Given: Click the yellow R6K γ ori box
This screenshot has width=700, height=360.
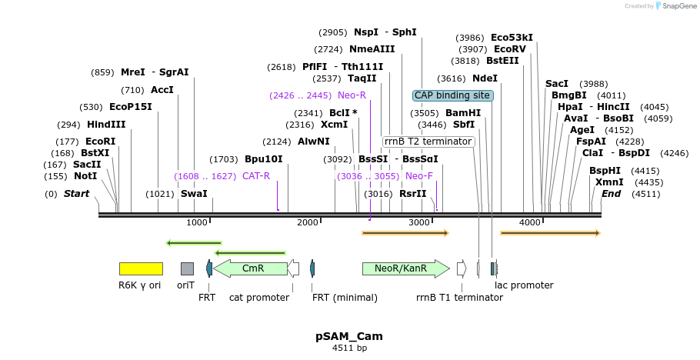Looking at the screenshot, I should (141, 268).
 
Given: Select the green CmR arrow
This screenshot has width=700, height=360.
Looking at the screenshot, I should (250, 268).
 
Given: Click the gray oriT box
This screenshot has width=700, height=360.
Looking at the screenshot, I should (187, 268).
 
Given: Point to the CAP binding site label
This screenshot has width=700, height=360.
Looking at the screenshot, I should (452, 95).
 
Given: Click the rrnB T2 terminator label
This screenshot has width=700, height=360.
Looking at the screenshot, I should (428, 142).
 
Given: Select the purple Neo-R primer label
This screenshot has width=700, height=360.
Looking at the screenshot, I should (352, 95).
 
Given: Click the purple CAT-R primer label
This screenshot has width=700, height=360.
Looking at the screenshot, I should (256, 176).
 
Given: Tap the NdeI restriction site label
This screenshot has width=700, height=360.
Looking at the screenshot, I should (485, 78).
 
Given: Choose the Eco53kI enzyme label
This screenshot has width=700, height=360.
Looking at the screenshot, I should (512, 38).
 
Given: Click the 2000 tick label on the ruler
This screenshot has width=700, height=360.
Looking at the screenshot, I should (307, 222).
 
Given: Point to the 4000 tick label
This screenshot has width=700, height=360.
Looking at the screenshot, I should (530, 222).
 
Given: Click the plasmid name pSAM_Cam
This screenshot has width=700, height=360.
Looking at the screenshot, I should (349, 336).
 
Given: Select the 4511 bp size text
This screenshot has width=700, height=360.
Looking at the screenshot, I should (349, 348).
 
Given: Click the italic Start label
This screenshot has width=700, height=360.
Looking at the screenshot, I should (76, 194).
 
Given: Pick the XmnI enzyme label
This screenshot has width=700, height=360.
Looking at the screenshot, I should (609, 182).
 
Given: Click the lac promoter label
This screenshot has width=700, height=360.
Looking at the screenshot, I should (524, 285).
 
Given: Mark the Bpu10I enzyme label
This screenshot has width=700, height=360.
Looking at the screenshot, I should (263, 159).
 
